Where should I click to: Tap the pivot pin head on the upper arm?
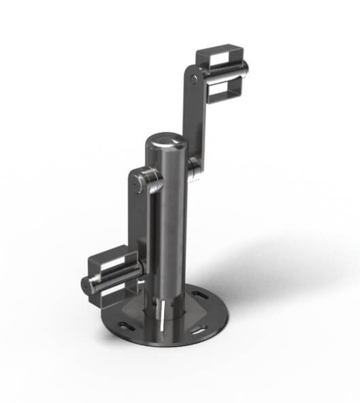point(196,79)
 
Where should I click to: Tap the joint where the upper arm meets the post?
point(194,165)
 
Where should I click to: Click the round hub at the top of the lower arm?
point(142,180)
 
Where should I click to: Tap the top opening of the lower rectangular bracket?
point(109,262)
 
